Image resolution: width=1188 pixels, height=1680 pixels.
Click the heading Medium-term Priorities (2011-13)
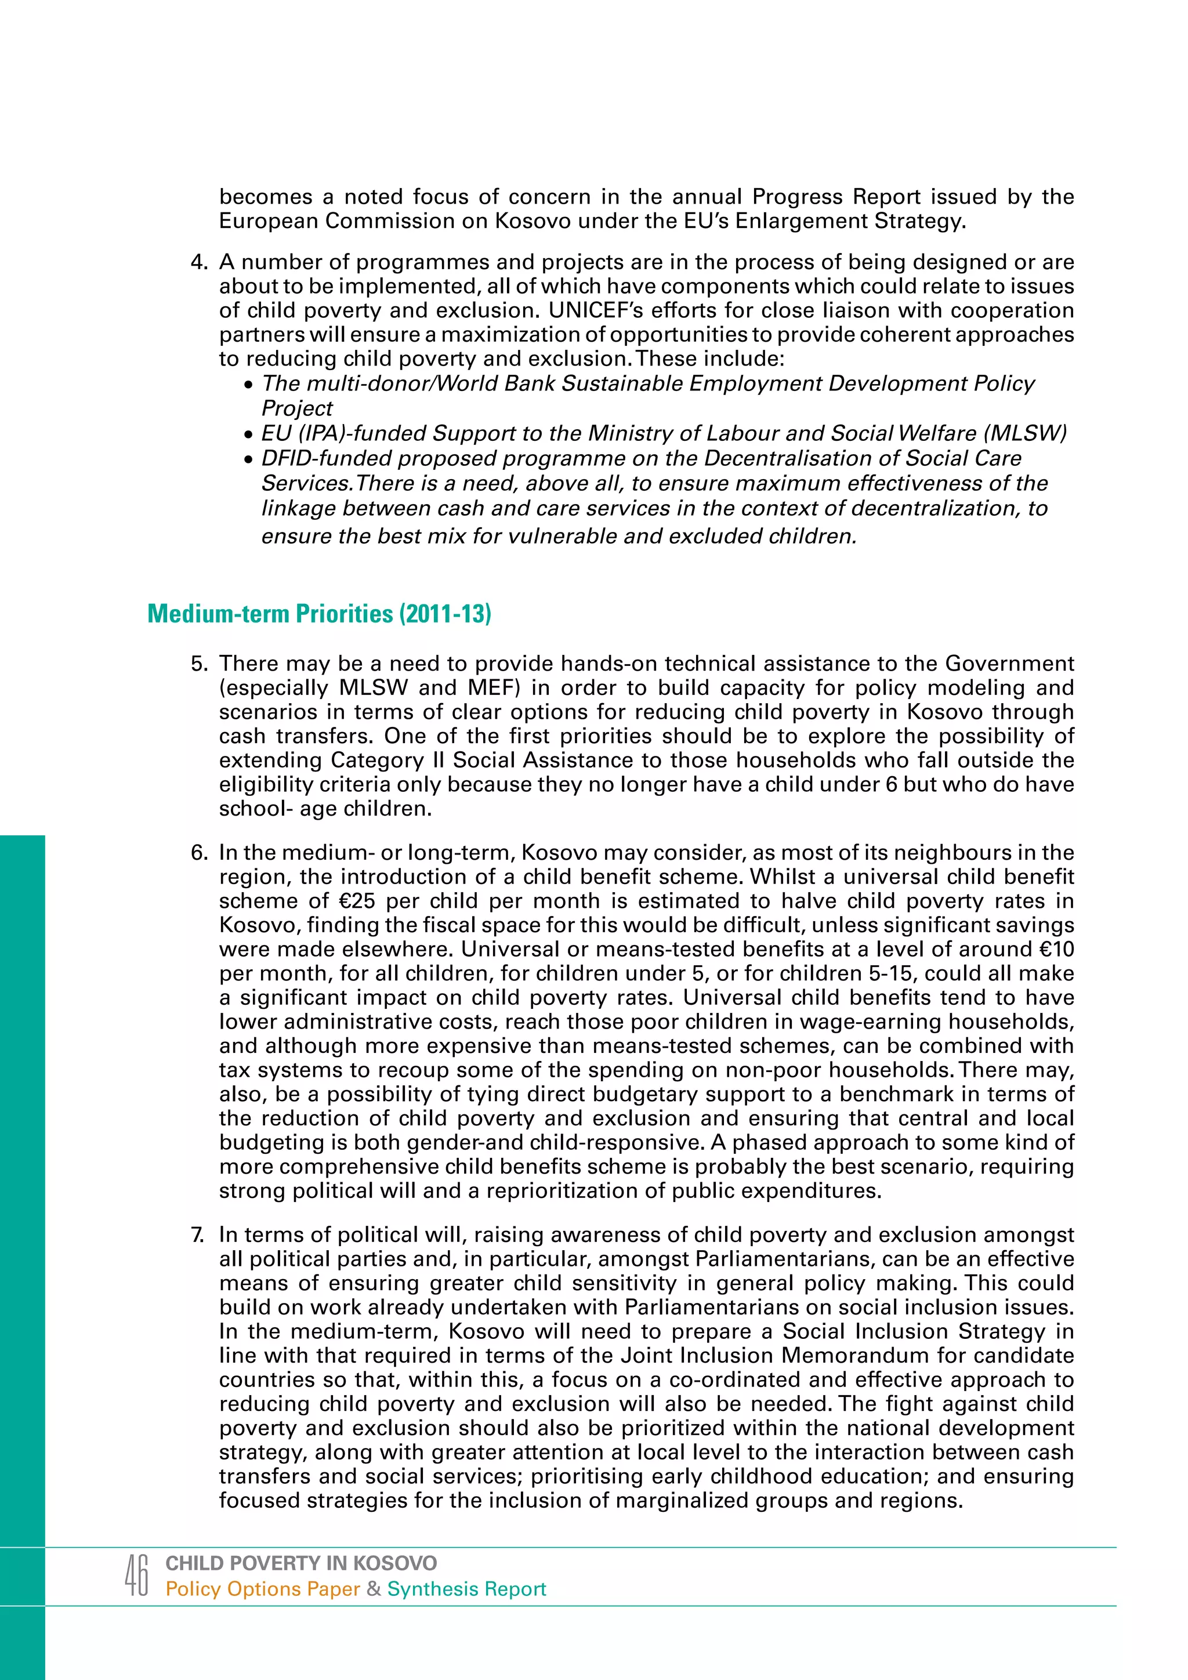(319, 613)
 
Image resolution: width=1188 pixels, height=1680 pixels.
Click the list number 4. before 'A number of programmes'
(200, 262)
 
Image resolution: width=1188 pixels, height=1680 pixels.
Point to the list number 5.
(200, 664)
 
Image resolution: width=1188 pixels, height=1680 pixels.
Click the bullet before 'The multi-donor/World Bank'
(249, 385)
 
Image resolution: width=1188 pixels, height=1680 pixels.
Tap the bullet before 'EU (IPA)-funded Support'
(249, 435)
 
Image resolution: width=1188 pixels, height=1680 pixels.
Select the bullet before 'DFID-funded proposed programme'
(249, 459)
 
